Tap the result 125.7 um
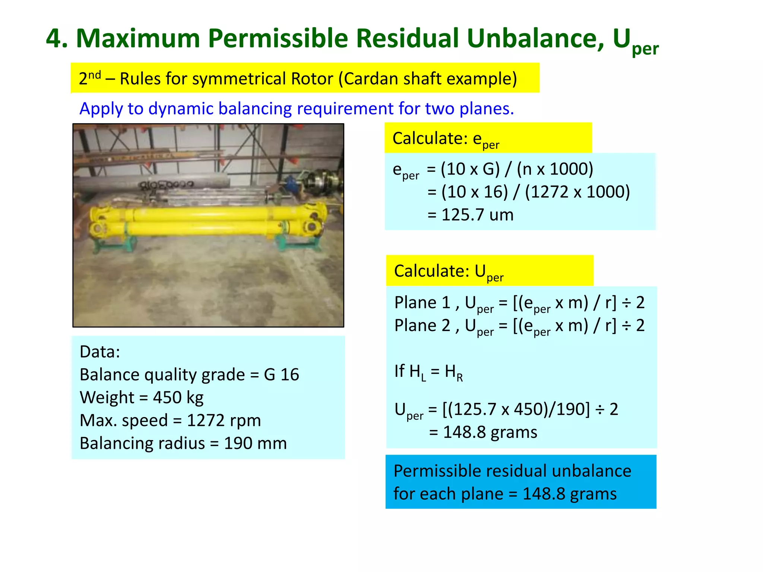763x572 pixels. coord(477,215)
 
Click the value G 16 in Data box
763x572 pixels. coord(281,375)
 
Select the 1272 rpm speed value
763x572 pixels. coord(224,420)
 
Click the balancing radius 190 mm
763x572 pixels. coord(255,444)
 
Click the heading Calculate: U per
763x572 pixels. coord(449,271)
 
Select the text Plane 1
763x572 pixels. coord(422,303)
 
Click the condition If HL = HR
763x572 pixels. coord(428,372)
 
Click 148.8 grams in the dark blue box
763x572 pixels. coord(570,494)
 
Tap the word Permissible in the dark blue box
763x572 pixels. coord(438,471)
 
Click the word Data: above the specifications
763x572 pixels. coord(100,352)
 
